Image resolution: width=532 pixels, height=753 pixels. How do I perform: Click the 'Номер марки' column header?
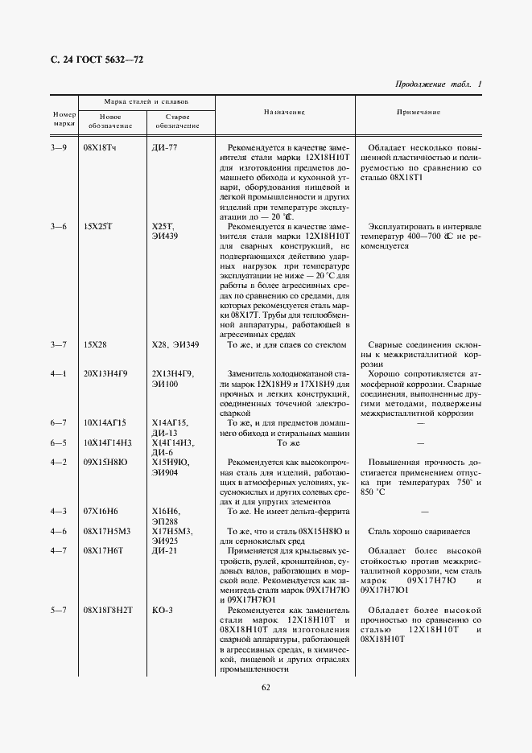(x=64, y=119)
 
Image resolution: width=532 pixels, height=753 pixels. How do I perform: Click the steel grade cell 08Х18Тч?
(x=99, y=149)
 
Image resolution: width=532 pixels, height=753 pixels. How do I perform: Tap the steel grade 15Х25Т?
(x=97, y=227)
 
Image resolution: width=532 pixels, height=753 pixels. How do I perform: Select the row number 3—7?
(x=59, y=345)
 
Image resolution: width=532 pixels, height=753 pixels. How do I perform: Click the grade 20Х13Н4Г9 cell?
(x=105, y=374)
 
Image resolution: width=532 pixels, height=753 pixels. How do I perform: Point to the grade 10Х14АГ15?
(x=105, y=422)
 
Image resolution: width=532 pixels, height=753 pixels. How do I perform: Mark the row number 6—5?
(x=59, y=442)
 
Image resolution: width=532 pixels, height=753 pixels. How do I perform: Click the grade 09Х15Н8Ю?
(x=105, y=463)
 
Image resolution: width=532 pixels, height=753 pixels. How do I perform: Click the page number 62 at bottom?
(x=266, y=686)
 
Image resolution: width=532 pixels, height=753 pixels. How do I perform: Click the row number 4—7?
(x=59, y=551)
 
